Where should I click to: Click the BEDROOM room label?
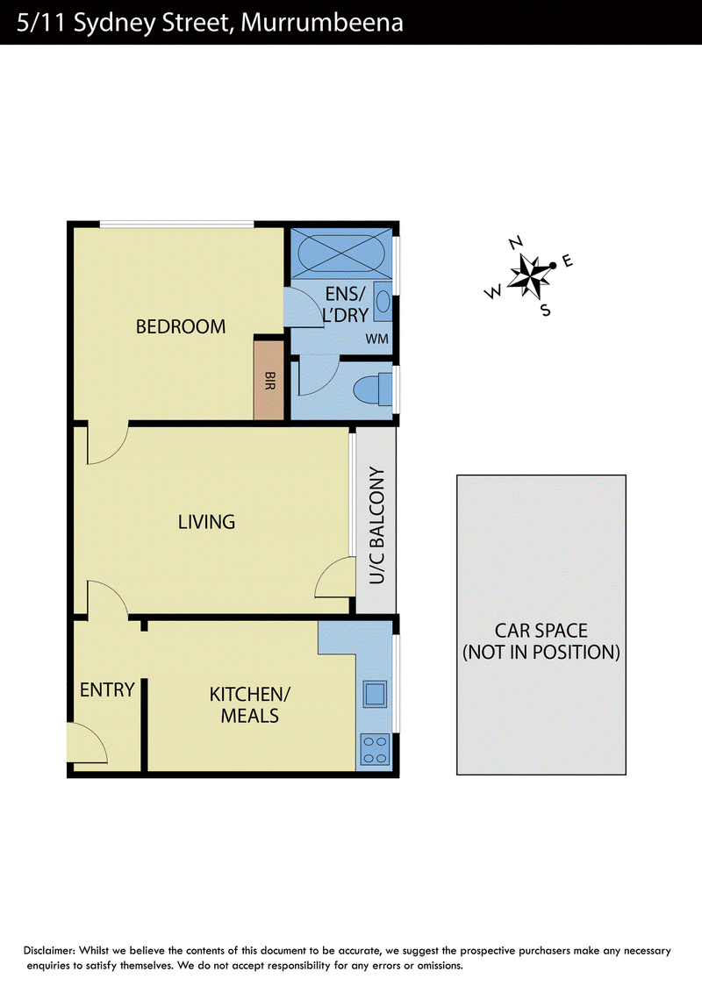click(x=181, y=327)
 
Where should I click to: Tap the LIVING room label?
click(x=206, y=522)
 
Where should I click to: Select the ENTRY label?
click(x=107, y=689)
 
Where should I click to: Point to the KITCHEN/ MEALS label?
click(x=249, y=705)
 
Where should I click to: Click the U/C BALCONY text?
click(x=377, y=525)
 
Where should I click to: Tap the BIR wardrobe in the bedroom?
click(x=269, y=380)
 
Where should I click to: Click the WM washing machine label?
click(x=377, y=339)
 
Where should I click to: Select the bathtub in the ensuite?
click(x=340, y=252)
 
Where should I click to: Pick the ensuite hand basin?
click(x=383, y=302)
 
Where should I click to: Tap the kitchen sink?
click(x=375, y=694)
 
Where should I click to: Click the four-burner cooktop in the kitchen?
click(x=375, y=749)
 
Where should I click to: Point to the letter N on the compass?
click(x=516, y=243)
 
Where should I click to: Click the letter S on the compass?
click(x=546, y=311)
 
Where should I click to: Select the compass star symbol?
click(x=530, y=275)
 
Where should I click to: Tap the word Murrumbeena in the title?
click(x=322, y=23)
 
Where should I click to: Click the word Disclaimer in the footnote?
click(x=49, y=951)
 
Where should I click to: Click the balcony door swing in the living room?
click(x=334, y=576)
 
